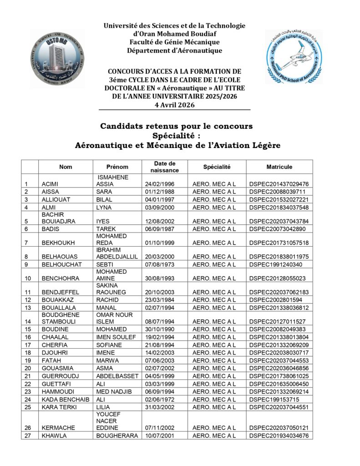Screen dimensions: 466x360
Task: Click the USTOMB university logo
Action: (57, 58)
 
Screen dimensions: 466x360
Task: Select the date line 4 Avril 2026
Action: (175, 105)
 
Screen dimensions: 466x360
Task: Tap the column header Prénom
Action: (117, 167)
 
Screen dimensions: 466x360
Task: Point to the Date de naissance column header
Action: (165, 167)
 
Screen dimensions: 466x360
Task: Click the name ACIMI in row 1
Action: (50, 184)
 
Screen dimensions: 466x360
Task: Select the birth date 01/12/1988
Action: (157, 192)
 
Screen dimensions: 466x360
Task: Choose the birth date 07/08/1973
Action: (157, 264)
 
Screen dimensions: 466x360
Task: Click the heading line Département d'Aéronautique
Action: (175, 51)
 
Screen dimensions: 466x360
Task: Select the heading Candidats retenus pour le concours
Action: (176, 126)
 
